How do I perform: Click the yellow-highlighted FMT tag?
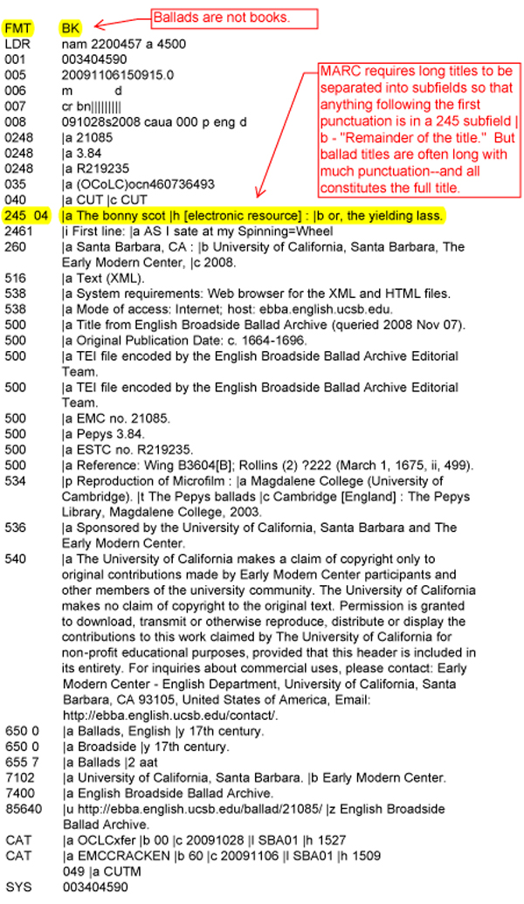[17, 28]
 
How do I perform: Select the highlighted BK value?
[72, 28]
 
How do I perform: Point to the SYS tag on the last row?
[17, 887]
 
